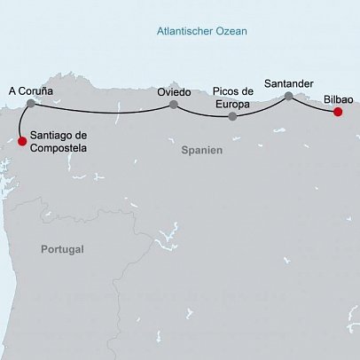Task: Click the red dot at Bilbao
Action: pyautogui.click(x=338, y=112)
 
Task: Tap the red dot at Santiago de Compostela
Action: pyautogui.click(x=22, y=140)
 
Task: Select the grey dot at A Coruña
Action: pyautogui.click(x=31, y=104)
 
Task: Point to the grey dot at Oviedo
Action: pyautogui.click(x=174, y=105)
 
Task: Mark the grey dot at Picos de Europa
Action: pyautogui.click(x=232, y=116)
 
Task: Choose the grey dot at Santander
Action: pyautogui.click(x=288, y=96)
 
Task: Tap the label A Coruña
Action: pyautogui.click(x=31, y=90)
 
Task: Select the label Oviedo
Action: pyautogui.click(x=174, y=91)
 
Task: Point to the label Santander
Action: pyautogui.click(x=289, y=82)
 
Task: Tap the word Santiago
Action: pyautogui.click(x=53, y=135)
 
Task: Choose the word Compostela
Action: pyautogui.click(x=59, y=147)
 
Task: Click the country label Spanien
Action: pyautogui.click(x=201, y=151)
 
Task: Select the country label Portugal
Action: pyautogui.click(x=62, y=250)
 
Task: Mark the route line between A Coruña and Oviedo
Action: pyautogui.click(x=102, y=112)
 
